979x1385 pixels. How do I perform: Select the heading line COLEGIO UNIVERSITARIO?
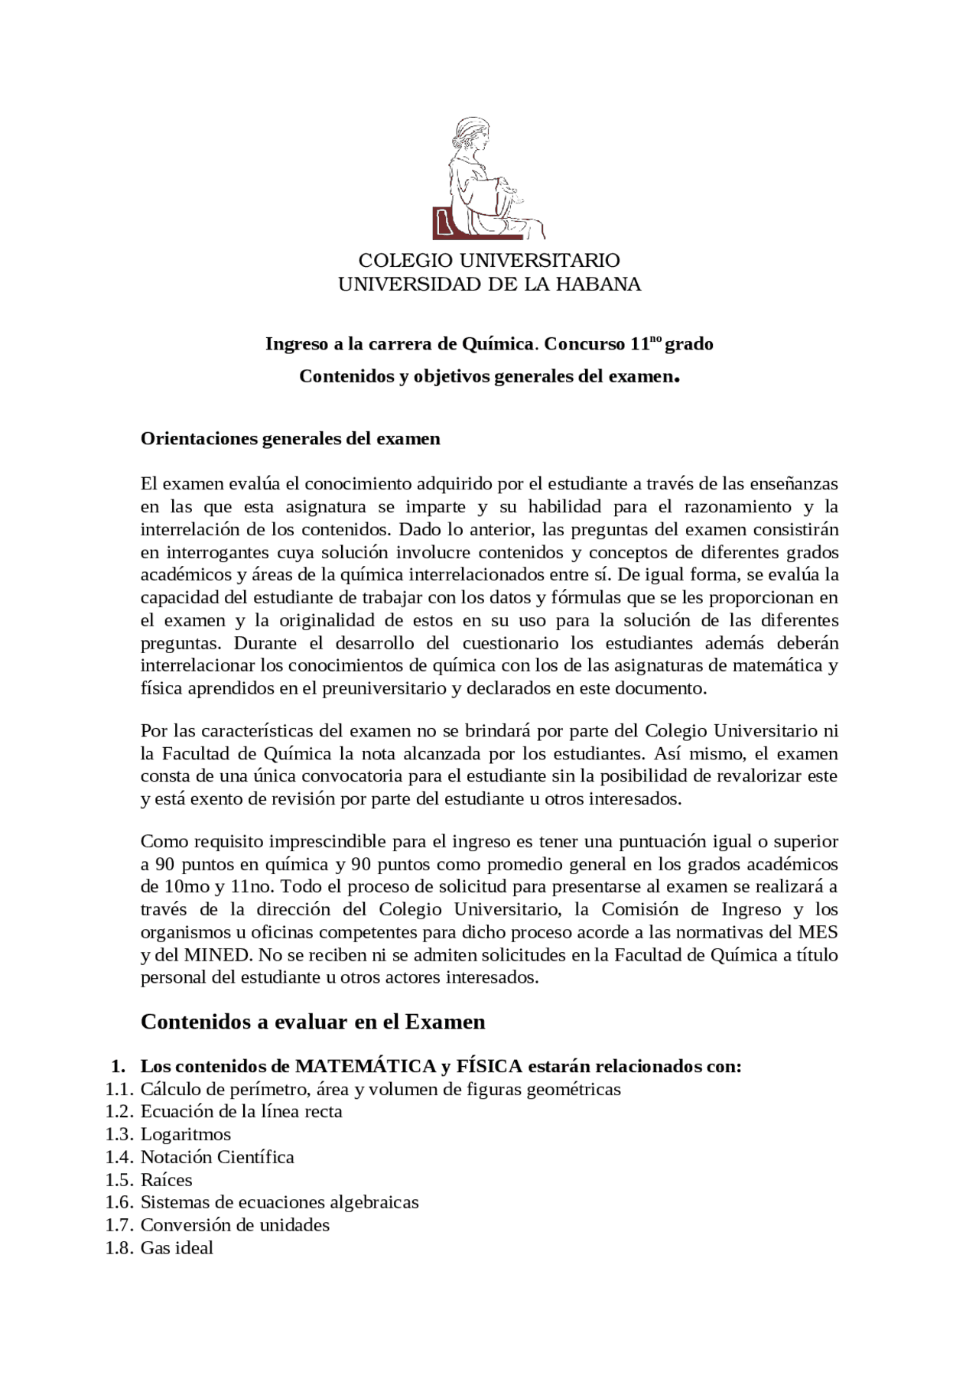coord(489,261)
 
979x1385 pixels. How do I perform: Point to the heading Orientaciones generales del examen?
coord(291,439)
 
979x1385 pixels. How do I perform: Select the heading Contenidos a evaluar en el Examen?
coord(313,1022)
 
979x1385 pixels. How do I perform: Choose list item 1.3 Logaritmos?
coord(186,1134)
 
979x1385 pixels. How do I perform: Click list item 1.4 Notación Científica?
coord(217,1157)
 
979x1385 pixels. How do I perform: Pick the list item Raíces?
coord(166,1180)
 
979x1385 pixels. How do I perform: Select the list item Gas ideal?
coord(177,1248)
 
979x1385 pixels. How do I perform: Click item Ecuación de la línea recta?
coord(241,1111)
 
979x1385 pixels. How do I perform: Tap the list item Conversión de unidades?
coord(235,1225)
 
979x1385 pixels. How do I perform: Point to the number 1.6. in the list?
coord(120,1202)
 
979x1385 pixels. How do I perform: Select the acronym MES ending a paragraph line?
coord(818,932)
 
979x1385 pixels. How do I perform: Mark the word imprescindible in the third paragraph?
coord(329,842)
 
